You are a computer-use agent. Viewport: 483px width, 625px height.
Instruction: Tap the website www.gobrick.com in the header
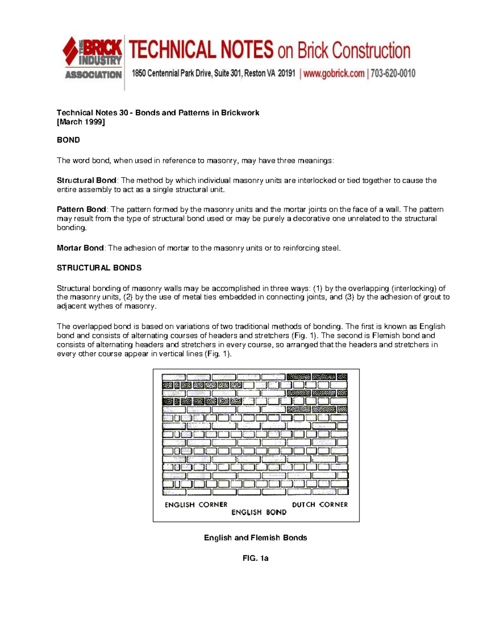pyautogui.click(x=334, y=74)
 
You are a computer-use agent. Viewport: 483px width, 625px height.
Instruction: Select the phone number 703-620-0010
pyautogui.click(x=393, y=74)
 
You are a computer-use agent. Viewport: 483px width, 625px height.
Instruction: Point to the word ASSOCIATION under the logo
pyautogui.click(x=93, y=75)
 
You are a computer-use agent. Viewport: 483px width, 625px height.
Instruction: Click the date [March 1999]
pyautogui.click(x=80, y=122)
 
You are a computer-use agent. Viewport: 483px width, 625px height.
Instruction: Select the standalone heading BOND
pyautogui.click(x=68, y=140)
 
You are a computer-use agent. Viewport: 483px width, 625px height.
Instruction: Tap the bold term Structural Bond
pyautogui.click(x=87, y=180)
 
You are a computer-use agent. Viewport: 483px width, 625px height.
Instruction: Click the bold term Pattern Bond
pyautogui.click(x=81, y=209)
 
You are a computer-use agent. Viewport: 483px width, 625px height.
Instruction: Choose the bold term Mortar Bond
pyautogui.click(x=80, y=248)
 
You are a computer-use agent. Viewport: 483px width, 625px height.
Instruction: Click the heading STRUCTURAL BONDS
pyautogui.click(x=99, y=268)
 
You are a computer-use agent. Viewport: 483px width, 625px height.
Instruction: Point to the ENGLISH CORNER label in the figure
pyautogui.click(x=196, y=505)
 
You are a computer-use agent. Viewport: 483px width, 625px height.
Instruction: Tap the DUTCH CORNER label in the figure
pyautogui.click(x=320, y=505)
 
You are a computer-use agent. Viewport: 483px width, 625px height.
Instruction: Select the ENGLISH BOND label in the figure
pyautogui.click(x=259, y=512)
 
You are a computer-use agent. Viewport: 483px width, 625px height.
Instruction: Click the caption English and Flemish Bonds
pyautogui.click(x=255, y=538)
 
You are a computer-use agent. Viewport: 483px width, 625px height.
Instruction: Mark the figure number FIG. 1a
pyautogui.click(x=255, y=558)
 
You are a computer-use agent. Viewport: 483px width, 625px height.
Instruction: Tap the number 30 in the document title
pyautogui.click(x=124, y=113)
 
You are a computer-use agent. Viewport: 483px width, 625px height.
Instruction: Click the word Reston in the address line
pyautogui.click(x=254, y=74)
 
